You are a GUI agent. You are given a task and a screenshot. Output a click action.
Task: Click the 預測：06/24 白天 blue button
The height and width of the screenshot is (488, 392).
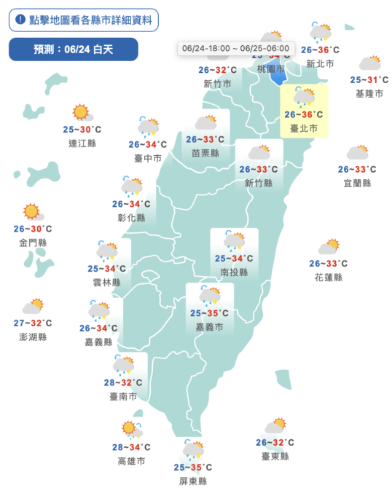[x=73, y=49]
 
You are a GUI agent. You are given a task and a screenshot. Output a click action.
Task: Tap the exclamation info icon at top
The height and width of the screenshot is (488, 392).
[x=20, y=20]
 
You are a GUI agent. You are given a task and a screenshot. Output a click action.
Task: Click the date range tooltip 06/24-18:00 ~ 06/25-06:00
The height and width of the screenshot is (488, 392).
[x=236, y=48]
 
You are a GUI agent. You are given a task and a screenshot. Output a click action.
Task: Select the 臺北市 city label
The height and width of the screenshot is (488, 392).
[x=304, y=128]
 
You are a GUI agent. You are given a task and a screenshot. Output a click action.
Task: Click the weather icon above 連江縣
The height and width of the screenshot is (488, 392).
[x=81, y=113]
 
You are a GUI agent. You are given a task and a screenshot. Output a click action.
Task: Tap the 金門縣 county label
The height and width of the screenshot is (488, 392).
[x=32, y=242]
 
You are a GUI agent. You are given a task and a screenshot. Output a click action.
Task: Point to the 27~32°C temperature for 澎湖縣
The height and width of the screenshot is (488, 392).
[x=33, y=323]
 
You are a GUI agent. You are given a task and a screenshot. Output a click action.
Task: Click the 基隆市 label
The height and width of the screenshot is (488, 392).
[x=369, y=94]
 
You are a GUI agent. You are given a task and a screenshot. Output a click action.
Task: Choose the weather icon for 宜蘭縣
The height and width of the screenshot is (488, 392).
[x=358, y=152]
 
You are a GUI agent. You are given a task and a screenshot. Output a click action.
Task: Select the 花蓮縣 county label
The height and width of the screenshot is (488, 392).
[x=328, y=277]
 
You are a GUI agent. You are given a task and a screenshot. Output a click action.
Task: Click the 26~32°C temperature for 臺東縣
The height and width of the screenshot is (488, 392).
[x=275, y=442]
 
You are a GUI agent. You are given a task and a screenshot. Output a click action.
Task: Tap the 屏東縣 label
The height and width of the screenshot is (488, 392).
[x=193, y=481]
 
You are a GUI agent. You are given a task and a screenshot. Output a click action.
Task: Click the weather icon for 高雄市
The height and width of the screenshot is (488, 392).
[x=132, y=428]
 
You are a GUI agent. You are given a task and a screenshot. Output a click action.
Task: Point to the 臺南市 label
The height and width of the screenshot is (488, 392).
[x=123, y=395]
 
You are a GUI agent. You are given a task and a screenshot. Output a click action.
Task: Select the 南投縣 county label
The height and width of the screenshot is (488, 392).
[x=234, y=272]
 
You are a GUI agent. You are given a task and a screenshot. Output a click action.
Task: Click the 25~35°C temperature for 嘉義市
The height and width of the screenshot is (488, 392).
[x=210, y=313]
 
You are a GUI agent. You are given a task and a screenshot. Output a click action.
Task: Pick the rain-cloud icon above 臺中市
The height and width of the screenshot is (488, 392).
[x=148, y=127]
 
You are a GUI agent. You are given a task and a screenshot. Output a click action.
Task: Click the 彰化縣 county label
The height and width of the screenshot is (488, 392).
[x=131, y=217]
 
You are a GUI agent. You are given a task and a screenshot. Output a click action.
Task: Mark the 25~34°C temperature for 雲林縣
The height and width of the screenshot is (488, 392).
[x=106, y=268]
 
